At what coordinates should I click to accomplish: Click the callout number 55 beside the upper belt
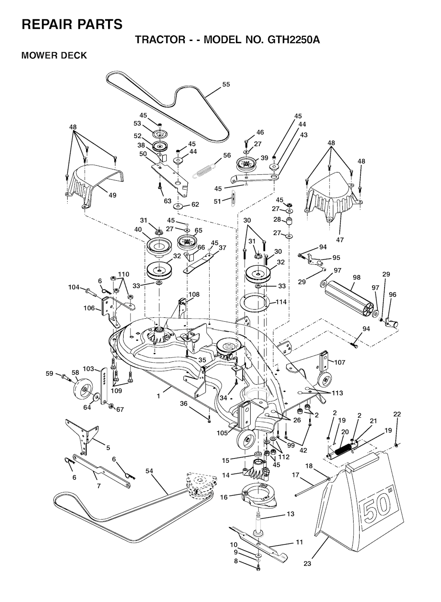click(226, 85)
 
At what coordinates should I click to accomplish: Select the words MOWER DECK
click(54, 55)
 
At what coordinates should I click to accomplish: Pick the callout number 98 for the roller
click(357, 277)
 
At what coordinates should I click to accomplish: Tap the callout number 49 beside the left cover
click(112, 195)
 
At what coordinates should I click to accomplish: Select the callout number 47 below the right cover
click(340, 239)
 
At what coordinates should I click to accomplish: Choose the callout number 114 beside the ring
click(281, 302)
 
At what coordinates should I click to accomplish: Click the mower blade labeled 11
click(258, 539)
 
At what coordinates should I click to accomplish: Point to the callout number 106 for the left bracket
click(89, 308)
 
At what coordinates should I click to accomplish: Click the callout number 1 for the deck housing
click(158, 396)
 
